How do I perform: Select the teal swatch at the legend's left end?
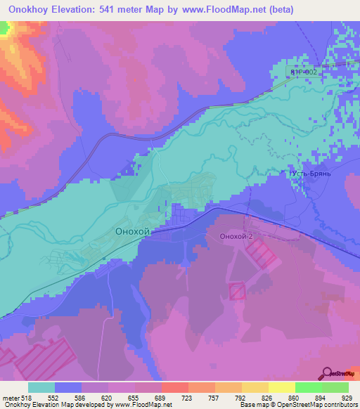(x=41, y=387)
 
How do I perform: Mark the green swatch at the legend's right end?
(x=335, y=387)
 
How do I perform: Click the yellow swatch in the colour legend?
(x=281, y=387)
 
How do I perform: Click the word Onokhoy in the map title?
(x=29, y=9)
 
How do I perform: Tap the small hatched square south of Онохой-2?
(x=236, y=290)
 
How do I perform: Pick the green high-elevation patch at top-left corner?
(x=4, y=28)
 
